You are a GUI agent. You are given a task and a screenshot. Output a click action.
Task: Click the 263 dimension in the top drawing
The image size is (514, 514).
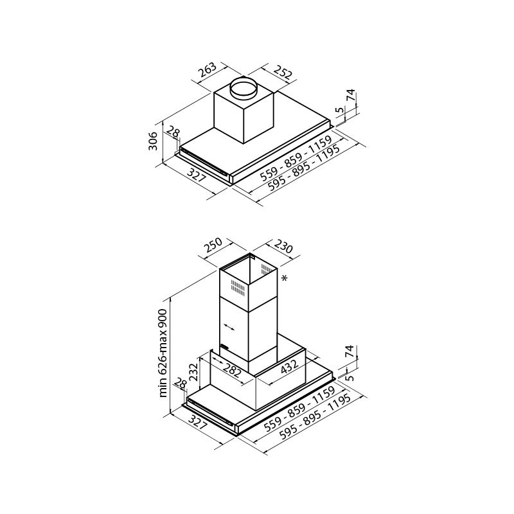pos(208,69)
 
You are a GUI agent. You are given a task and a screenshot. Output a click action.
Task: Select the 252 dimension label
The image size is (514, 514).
pos(282,73)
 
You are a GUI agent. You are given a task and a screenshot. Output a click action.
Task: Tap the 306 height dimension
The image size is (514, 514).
pos(153,141)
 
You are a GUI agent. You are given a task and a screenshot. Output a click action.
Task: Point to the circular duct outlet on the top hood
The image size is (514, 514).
pos(244,88)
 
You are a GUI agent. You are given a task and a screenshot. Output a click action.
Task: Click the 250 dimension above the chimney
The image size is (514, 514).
pos(213,245)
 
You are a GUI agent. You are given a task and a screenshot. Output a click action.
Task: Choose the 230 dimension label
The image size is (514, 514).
pos(283,247)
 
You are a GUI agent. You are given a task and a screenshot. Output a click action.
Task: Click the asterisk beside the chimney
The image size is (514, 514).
pos(284,278)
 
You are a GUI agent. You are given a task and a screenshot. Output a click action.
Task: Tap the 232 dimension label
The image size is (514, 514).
pos(195,371)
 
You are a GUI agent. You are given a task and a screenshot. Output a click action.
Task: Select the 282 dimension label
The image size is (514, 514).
pos(232,369)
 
